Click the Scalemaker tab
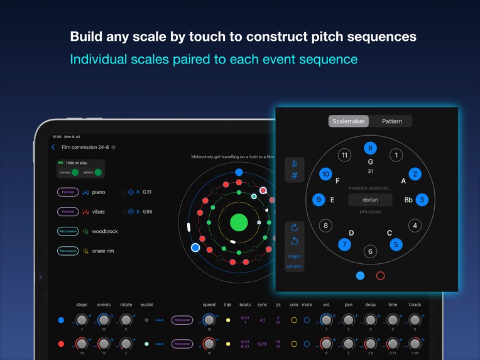click(x=349, y=121)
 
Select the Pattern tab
click(x=391, y=121)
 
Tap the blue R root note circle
click(x=370, y=148)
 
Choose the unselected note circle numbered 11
click(x=344, y=155)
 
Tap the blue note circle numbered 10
click(x=325, y=174)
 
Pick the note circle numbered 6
click(x=370, y=251)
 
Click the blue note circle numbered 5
click(x=396, y=244)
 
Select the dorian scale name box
click(x=370, y=200)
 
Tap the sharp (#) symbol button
click(x=294, y=176)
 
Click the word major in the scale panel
click(x=294, y=256)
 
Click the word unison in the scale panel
click(x=294, y=266)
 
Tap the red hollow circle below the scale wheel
click(x=379, y=275)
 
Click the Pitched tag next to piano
click(x=68, y=192)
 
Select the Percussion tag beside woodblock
click(x=68, y=231)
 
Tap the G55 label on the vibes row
click(x=148, y=212)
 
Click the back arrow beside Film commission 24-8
click(x=53, y=147)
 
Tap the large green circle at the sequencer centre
click(x=238, y=222)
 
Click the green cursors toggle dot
click(x=75, y=172)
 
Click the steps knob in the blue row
click(x=82, y=320)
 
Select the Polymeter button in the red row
click(x=182, y=344)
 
